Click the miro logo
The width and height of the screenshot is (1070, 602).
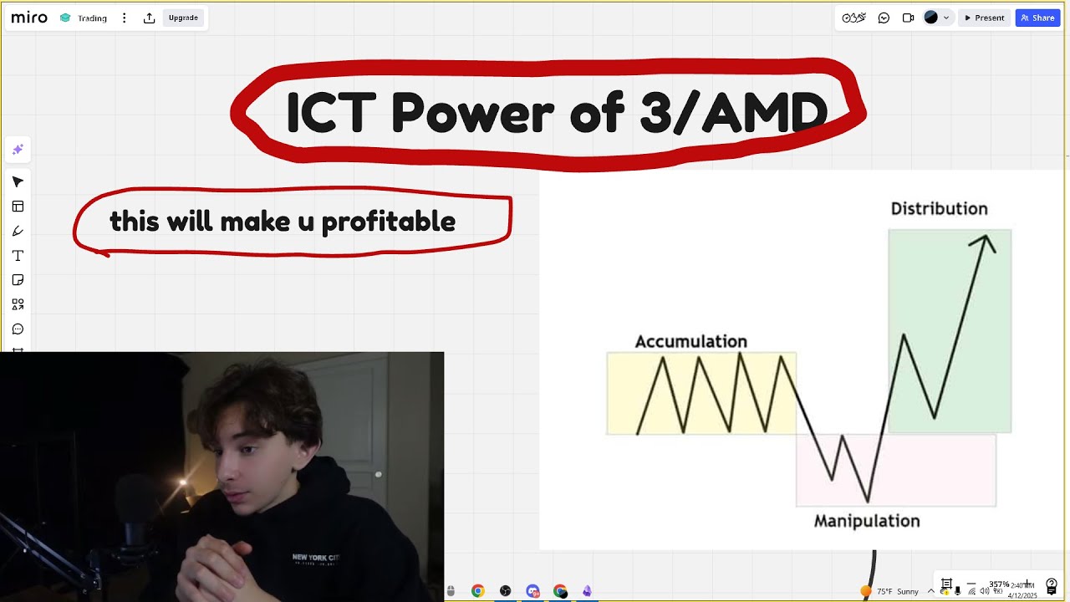point(29,18)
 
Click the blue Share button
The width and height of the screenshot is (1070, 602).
point(1037,18)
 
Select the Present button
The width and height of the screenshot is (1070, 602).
point(985,18)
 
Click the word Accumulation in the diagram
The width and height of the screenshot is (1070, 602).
point(690,341)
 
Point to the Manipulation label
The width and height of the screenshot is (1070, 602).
point(867,521)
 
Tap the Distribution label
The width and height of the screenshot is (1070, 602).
point(939,209)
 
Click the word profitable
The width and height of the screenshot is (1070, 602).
point(389,222)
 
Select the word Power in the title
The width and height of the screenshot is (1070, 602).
point(472,112)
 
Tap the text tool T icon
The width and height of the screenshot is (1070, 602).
point(18,255)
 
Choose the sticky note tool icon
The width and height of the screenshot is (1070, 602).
point(18,280)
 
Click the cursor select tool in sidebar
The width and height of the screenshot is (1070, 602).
point(18,182)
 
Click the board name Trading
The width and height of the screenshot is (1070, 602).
point(92,18)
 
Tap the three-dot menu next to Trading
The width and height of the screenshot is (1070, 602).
point(125,18)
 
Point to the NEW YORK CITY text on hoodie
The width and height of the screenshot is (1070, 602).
point(315,557)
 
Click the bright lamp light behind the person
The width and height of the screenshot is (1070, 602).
point(182,482)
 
